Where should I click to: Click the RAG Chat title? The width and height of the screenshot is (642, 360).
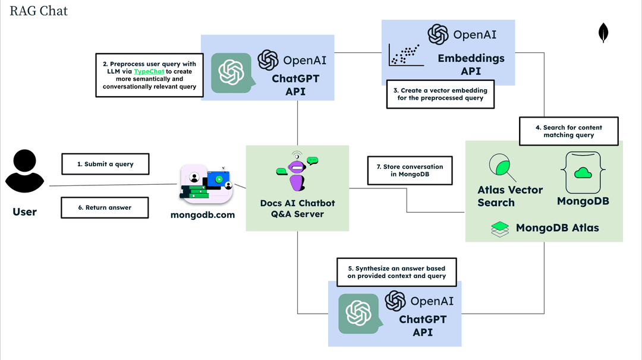coord(39,11)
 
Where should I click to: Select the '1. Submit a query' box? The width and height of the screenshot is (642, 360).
coord(105,164)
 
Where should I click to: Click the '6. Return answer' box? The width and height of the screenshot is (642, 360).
coord(105,208)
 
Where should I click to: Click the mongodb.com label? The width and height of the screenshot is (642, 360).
coord(203,214)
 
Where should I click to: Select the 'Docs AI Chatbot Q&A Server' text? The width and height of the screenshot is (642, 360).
coord(297,208)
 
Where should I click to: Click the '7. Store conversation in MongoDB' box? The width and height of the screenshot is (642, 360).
coord(410,171)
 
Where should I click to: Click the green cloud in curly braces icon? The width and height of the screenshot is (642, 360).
coord(583,172)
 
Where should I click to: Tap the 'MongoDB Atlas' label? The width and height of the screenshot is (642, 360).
coord(557,228)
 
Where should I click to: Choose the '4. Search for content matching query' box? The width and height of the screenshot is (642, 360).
coord(569,131)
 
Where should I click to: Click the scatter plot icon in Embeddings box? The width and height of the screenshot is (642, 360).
coord(405,55)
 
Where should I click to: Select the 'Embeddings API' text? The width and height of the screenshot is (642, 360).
coord(471,65)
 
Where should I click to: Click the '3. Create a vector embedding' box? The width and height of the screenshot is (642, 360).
coord(440,94)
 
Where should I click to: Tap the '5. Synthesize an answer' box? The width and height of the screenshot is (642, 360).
coord(396,272)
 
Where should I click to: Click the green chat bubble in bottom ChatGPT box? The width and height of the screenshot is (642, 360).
coord(358,313)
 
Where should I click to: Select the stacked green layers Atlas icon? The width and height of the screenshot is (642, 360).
coord(500,229)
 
